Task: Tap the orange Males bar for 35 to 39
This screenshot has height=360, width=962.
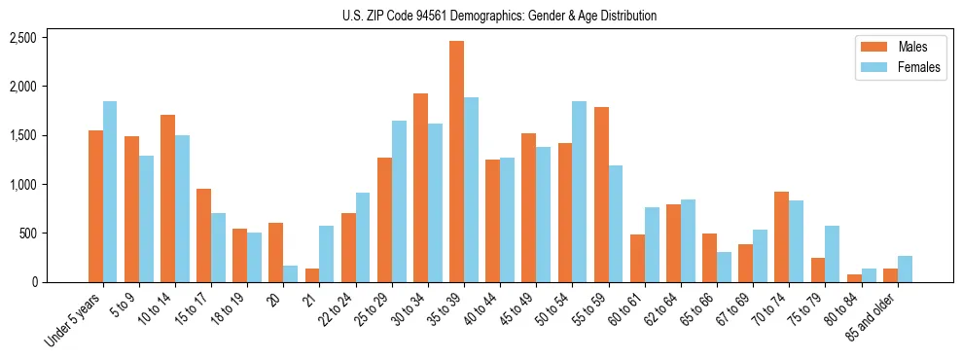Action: click(456, 162)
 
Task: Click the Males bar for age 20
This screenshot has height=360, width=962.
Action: click(276, 252)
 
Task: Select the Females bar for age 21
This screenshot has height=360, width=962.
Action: click(327, 254)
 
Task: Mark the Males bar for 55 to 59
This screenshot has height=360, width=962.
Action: click(601, 195)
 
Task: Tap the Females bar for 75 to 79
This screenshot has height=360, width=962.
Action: click(832, 254)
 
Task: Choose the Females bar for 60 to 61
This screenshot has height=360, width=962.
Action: click(652, 244)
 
